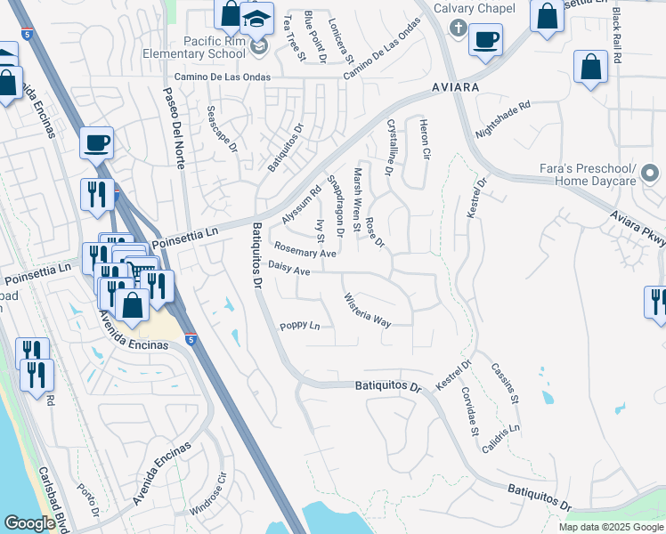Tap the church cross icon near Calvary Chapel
pyautogui.click(x=458, y=28)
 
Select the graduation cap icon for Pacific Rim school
pyautogui.click(x=256, y=18)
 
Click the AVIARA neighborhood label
pyautogui.click(x=456, y=87)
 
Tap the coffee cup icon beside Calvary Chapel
pyautogui.click(x=485, y=40)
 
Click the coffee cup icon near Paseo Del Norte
pyautogui.click(x=96, y=142)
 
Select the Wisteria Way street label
pyautogui.click(x=368, y=310)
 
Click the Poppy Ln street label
pyautogui.click(x=299, y=326)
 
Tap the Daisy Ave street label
pyautogui.click(x=288, y=267)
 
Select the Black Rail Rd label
pyautogui.click(x=617, y=36)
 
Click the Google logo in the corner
pyautogui.click(x=29, y=523)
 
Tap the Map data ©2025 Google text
pyautogui.click(x=610, y=527)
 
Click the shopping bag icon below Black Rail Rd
pyautogui.click(x=590, y=67)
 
